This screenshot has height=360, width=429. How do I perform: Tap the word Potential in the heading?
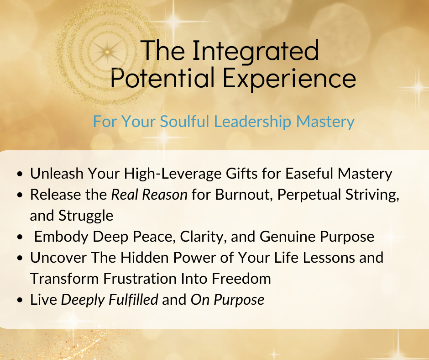(162, 78)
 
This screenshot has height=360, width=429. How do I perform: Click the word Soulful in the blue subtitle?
(184, 121)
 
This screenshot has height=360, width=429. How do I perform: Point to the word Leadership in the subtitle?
(252, 122)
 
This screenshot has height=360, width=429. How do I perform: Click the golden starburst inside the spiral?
(107, 52)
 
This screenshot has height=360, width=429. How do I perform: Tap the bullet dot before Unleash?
(20, 174)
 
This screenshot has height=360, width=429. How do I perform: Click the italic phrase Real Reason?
(149, 195)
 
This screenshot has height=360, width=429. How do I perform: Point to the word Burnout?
(244, 195)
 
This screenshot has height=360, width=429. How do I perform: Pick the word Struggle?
(86, 216)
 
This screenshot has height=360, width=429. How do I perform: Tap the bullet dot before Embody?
(20, 237)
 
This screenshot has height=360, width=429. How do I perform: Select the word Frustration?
(140, 279)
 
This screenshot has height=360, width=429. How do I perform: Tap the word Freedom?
(241, 279)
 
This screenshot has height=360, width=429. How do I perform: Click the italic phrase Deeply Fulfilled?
(110, 300)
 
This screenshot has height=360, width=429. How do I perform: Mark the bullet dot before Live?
(20, 300)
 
